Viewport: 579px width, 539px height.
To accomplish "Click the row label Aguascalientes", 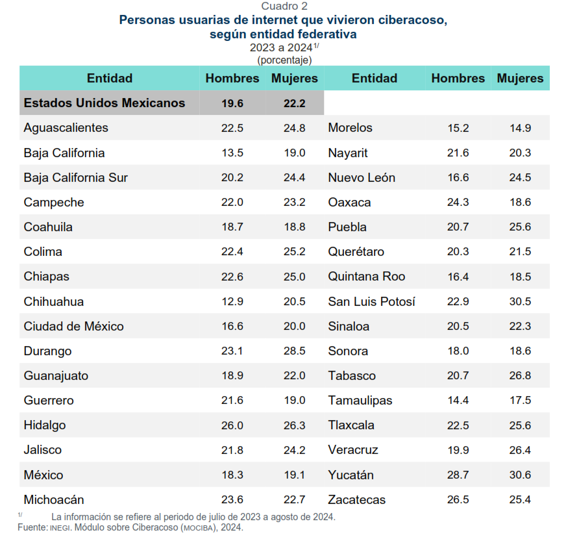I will coord(66,128).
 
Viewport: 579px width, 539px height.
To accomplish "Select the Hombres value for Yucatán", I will coord(458,475).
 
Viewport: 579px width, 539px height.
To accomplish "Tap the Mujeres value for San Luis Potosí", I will coord(520,301).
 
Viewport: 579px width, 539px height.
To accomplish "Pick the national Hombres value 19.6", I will coord(232,103).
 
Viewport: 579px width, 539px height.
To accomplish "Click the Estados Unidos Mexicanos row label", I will coord(104,103).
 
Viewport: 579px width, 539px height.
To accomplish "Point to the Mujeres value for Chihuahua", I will coord(294,301).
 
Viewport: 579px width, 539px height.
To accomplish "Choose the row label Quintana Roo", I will coord(366,277).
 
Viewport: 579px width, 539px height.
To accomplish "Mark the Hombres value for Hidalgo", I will coord(232,425).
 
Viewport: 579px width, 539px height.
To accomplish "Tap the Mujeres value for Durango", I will coord(294,351).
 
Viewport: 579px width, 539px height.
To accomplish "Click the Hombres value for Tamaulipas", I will coord(458,401).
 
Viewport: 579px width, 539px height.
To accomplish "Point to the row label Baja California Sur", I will coord(75,178).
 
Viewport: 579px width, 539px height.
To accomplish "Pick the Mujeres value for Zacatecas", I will coord(520,499).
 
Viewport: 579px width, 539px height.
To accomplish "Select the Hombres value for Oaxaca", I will coord(458,203).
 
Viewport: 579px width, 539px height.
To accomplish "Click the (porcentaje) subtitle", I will coord(284,60).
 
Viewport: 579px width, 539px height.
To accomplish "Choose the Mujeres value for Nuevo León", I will coord(520,178).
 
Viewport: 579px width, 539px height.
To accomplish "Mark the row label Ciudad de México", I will coord(73,326).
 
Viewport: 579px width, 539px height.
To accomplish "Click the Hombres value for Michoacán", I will coord(232,499).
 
